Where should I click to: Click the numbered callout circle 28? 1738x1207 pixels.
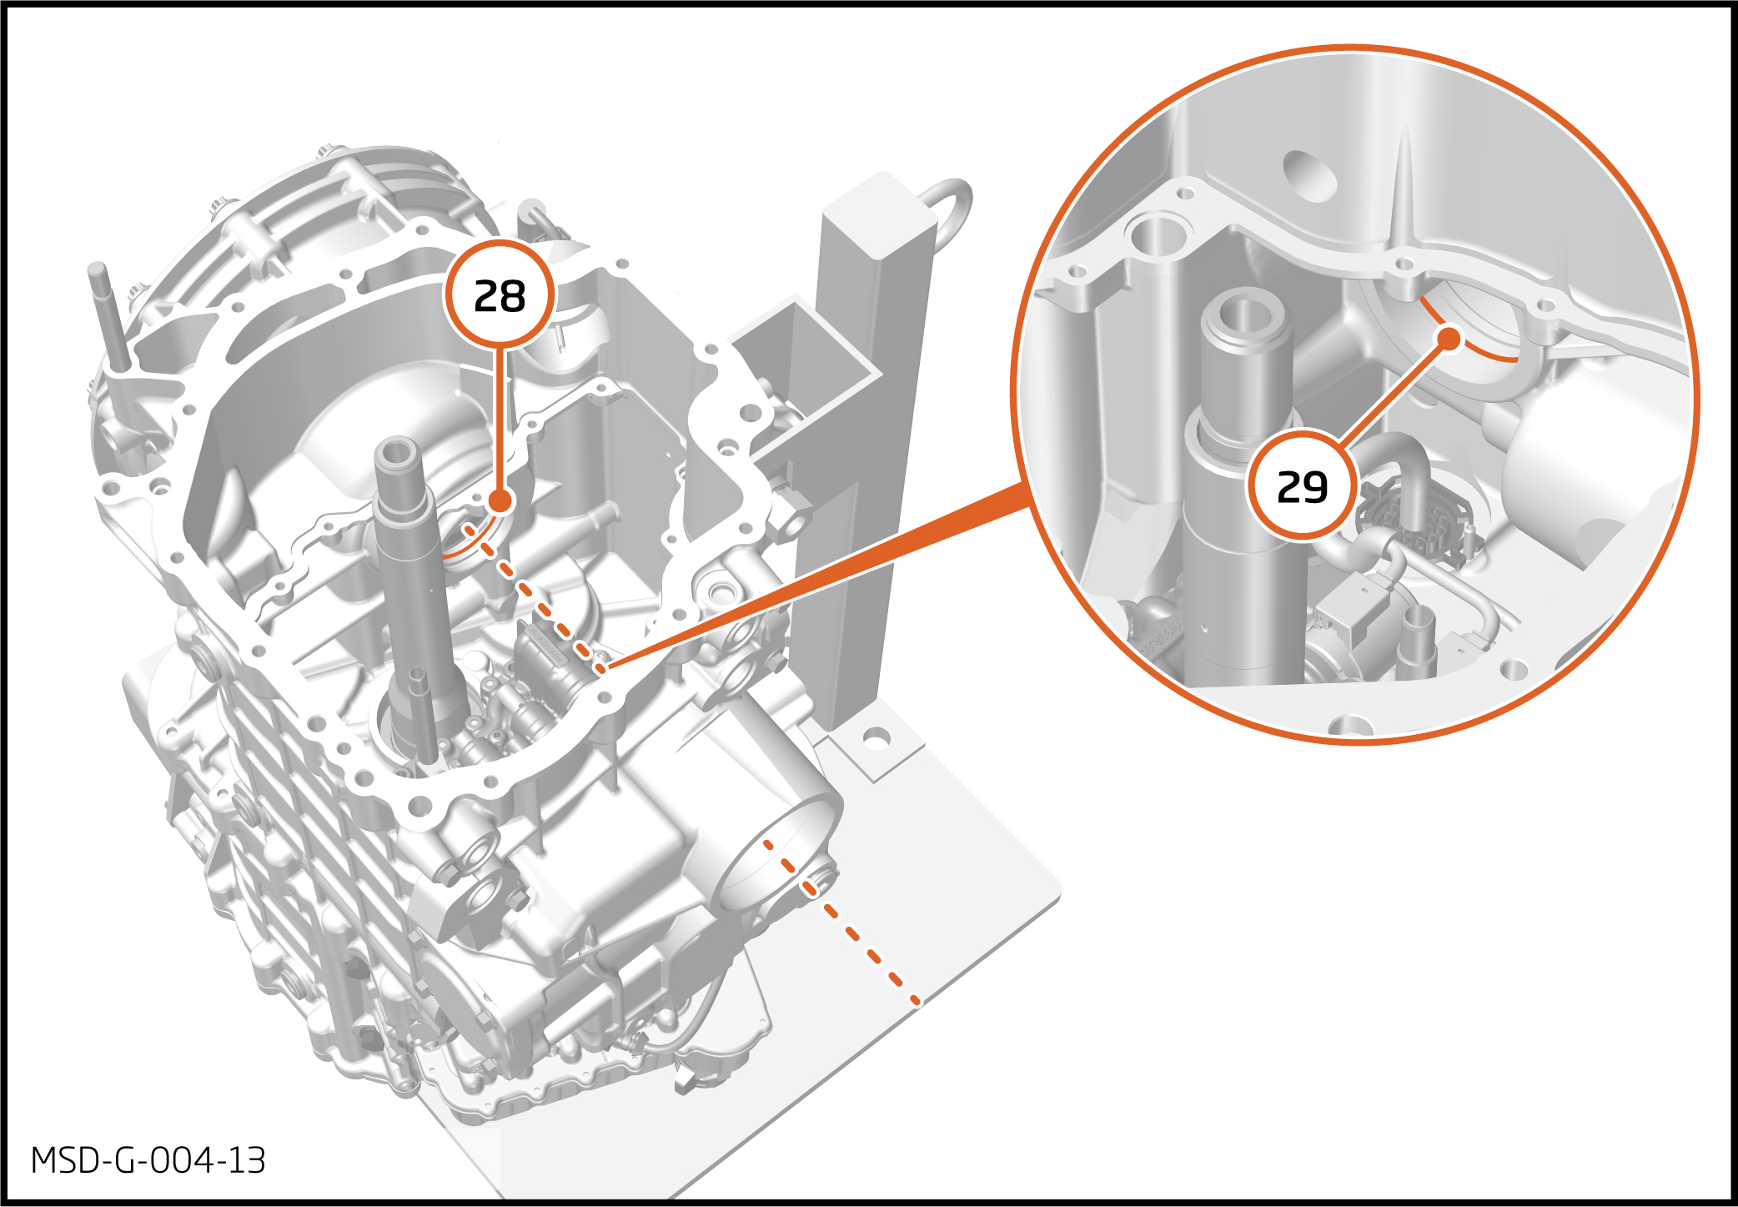point(500,295)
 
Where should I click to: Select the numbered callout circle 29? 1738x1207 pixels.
point(1303,485)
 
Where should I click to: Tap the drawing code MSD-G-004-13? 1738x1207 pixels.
point(148,1160)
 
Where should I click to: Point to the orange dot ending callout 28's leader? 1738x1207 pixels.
point(500,500)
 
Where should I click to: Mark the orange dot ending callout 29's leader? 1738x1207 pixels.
point(1450,339)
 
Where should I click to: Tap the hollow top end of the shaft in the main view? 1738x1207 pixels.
point(395,454)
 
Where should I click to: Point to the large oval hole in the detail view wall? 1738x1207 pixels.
point(1311,175)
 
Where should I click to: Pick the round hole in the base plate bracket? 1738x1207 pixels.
point(876,738)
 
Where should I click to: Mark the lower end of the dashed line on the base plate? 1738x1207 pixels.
point(917,1000)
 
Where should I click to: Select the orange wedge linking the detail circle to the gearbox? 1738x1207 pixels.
point(817,576)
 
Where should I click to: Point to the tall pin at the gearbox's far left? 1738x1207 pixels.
point(111,317)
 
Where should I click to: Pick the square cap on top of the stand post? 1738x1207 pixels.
point(880,213)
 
